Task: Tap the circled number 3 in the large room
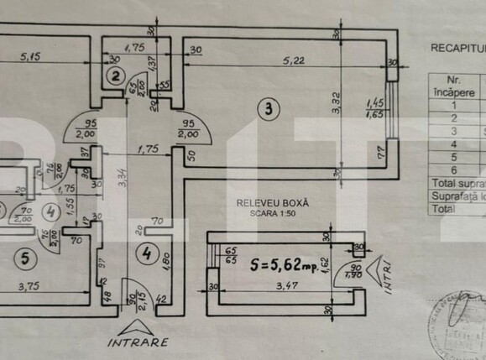click(x=266, y=107)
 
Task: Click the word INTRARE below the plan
click(x=138, y=342)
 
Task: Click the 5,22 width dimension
click(x=292, y=60)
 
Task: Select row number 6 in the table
click(x=454, y=168)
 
